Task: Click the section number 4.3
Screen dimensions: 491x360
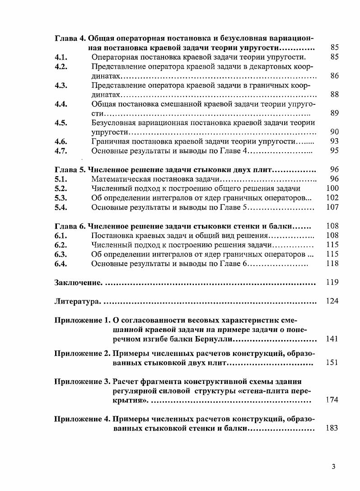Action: pos(61,85)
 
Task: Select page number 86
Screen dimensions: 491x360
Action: pos(334,75)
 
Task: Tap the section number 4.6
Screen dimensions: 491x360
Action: pos(61,141)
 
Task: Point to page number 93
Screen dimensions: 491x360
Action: pos(334,141)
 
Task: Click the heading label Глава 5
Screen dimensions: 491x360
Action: pos(70,170)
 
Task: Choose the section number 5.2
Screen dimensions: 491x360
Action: pos(61,188)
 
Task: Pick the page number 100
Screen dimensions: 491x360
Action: pos(332,188)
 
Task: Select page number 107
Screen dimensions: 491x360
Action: pos(332,207)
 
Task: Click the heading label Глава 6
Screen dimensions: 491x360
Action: pos(70,226)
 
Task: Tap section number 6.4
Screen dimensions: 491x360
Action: pos(61,264)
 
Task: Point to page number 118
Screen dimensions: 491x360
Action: pos(332,264)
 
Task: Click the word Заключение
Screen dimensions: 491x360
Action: pos(78,283)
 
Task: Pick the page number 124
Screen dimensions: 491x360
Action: pos(332,301)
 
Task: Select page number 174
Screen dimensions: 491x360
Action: pos(332,400)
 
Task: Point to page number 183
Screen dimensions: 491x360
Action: pos(332,428)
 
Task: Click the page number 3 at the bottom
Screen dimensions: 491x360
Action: pos(333,467)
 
